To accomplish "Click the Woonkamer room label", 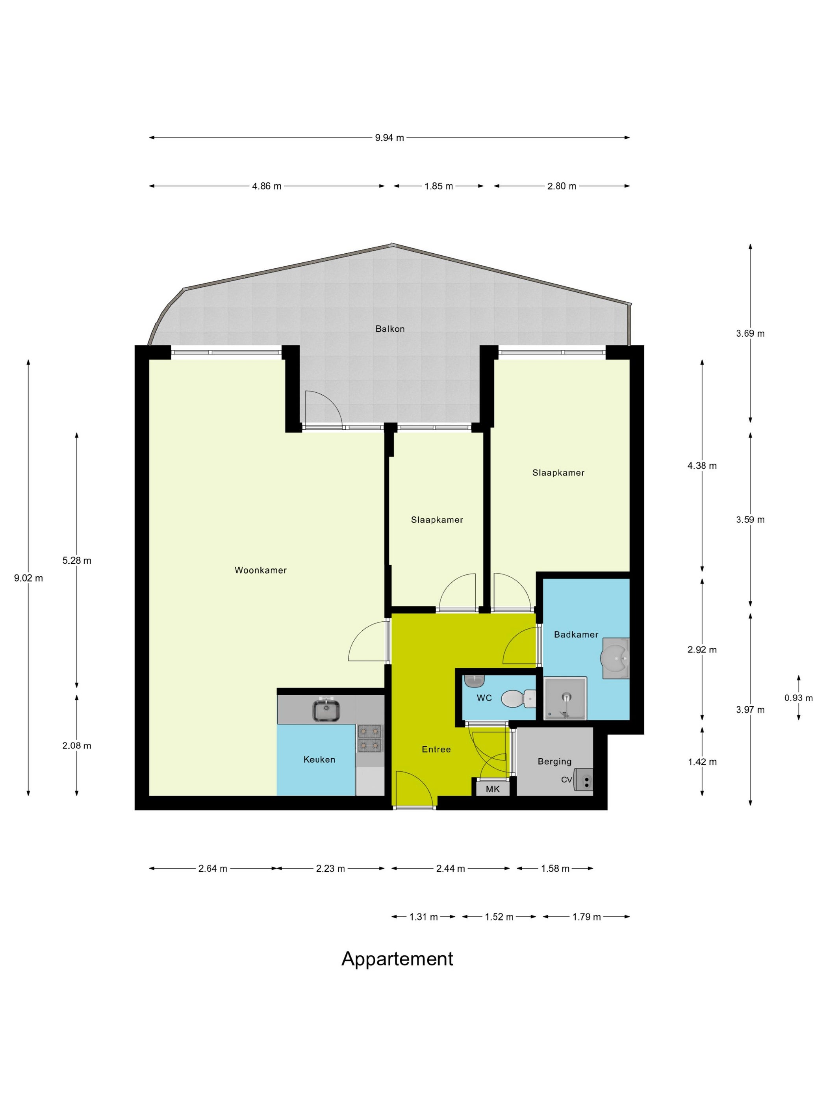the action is [x=261, y=570].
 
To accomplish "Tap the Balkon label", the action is [x=390, y=329].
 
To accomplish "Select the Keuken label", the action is [x=319, y=759].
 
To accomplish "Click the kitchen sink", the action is [x=326, y=709].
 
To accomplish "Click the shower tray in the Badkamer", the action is [x=565, y=698].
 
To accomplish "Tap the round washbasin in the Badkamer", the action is [x=617, y=658].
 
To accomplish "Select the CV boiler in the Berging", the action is [x=583, y=779].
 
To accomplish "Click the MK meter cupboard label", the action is [x=493, y=789].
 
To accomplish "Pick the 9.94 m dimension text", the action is [x=389, y=137].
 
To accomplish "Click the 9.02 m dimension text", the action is [x=28, y=578].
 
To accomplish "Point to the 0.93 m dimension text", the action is [x=799, y=698].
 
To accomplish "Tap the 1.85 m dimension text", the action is [x=439, y=186].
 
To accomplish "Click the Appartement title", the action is [x=397, y=958].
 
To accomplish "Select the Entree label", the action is [x=436, y=749].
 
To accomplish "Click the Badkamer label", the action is [x=576, y=634].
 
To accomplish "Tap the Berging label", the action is [x=554, y=761].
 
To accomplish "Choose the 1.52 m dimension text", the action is [x=499, y=917].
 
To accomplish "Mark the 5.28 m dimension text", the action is [x=77, y=561].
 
